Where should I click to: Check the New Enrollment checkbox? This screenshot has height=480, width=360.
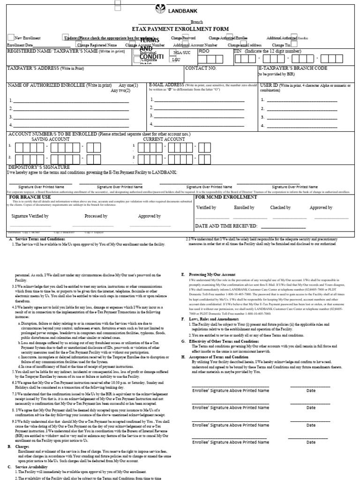click(x=11, y=37)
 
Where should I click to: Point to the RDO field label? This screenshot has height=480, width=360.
click(x=204, y=52)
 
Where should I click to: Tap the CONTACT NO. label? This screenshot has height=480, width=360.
click(x=201, y=68)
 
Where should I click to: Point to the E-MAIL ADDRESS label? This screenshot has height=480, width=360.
click(x=166, y=85)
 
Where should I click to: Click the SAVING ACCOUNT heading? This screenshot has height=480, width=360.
click(x=50, y=139)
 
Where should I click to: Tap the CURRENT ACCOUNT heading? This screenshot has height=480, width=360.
click(x=164, y=139)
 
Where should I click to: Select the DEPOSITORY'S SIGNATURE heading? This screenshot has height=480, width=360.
click(x=37, y=167)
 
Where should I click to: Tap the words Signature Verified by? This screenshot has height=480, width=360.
click(x=30, y=216)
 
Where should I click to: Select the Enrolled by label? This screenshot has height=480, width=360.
click(x=244, y=207)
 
